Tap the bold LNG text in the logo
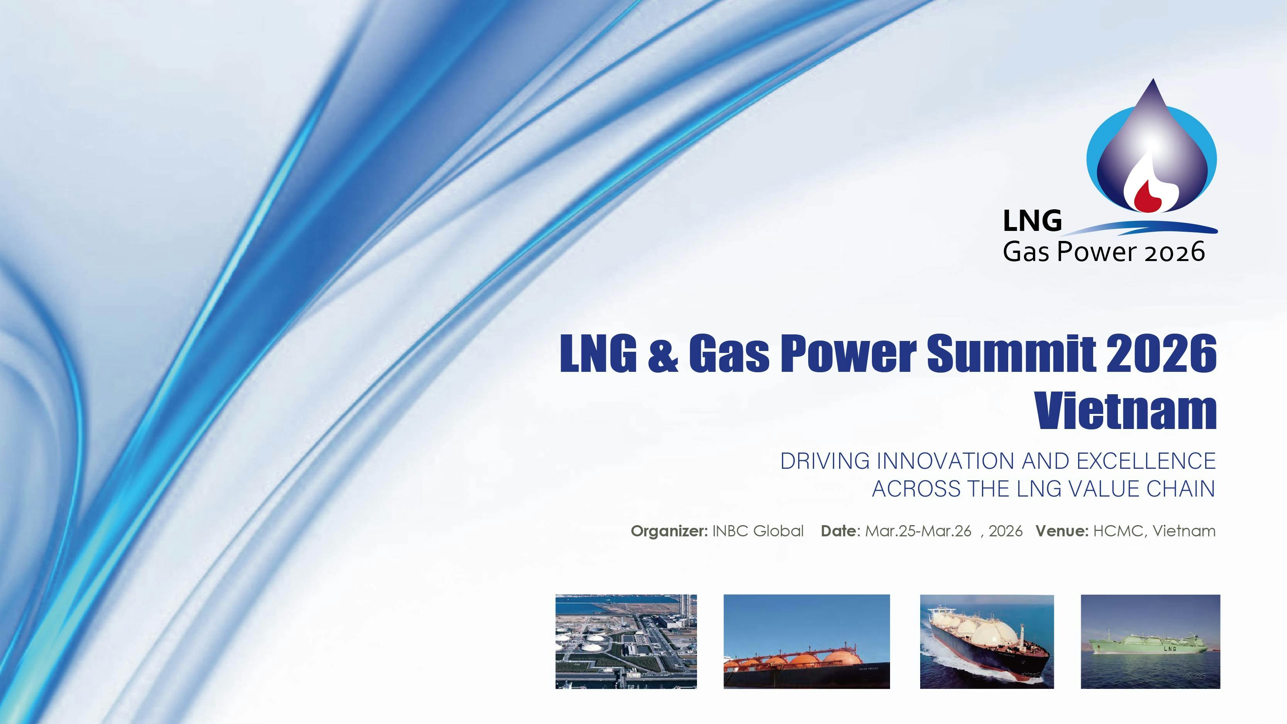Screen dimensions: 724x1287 (1032, 220)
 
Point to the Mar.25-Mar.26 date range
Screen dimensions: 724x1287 (918, 531)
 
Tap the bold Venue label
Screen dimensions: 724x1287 (1061, 531)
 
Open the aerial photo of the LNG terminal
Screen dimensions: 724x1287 (626, 641)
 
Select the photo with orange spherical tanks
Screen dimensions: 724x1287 (806, 641)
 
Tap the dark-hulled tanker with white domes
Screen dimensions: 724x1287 (987, 641)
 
